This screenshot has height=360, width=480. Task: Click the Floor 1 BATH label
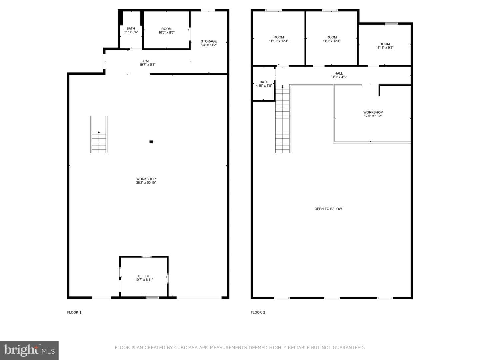click(x=131, y=28)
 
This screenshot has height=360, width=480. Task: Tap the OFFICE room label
click(x=144, y=276)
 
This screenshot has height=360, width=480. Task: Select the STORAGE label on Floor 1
click(x=209, y=41)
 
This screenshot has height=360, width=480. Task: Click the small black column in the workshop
click(x=151, y=142)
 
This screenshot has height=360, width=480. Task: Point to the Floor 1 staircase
click(x=99, y=134)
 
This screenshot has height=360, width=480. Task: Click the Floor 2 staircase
click(x=282, y=119)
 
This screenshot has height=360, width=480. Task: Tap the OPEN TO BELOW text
click(x=328, y=209)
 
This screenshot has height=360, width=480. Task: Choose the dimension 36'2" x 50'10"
click(x=146, y=183)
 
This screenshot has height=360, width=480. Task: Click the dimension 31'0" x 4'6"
click(x=339, y=77)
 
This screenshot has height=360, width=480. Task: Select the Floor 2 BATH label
click(x=264, y=82)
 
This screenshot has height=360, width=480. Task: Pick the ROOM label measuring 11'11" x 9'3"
click(x=385, y=44)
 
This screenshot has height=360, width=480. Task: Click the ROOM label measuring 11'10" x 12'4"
click(x=279, y=37)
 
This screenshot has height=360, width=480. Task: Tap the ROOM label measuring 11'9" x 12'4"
click(x=332, y=37)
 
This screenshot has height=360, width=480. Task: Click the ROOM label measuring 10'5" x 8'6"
click(x=166, y=29)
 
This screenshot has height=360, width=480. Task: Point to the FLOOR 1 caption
click(x=74, y=312)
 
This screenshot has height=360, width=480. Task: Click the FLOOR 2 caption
click(x=258, y=312)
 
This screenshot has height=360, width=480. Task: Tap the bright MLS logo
click(x=29, y=350)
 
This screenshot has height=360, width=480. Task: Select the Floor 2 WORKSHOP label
click(x=373, y=112)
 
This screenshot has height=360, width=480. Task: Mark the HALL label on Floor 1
click(x=147, y=61)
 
